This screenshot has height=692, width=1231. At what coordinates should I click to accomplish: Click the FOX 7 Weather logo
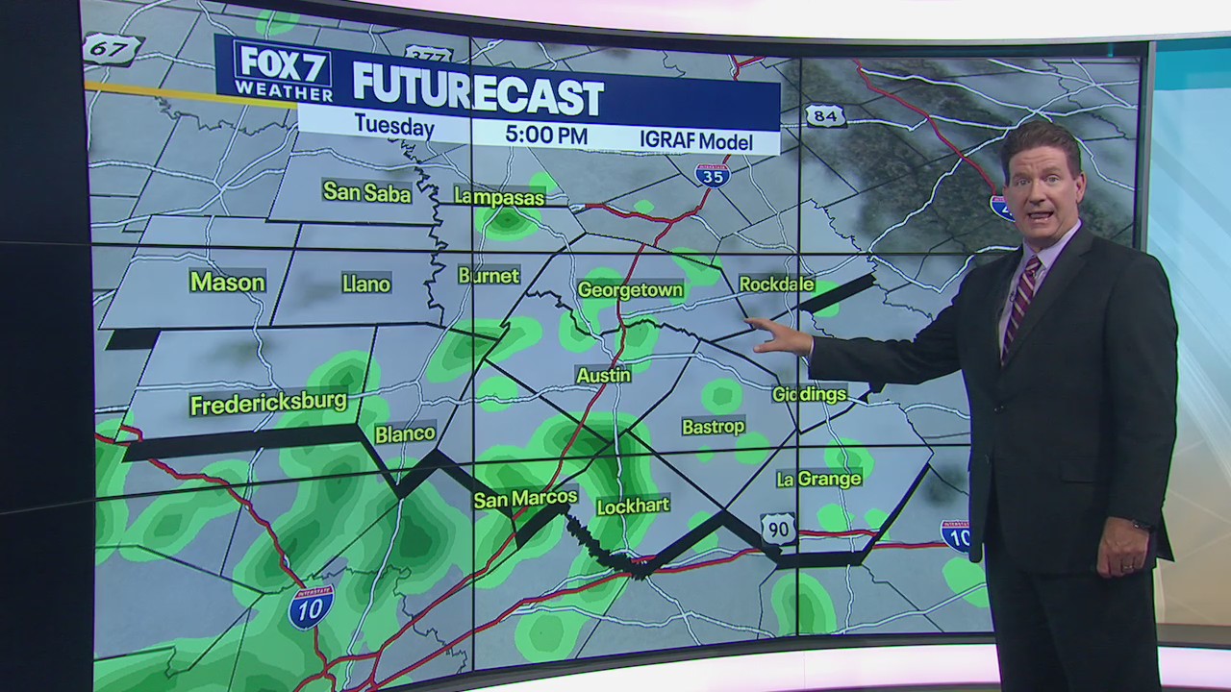283,71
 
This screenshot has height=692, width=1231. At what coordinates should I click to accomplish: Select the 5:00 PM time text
546,135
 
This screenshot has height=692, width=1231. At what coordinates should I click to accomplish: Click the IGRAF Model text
695,139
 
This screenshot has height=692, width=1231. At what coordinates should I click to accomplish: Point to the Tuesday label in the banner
394,125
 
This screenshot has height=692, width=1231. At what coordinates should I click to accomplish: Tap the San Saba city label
366,192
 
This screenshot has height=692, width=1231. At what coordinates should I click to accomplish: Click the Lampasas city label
499,198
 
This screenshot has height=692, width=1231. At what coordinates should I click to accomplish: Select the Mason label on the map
227,282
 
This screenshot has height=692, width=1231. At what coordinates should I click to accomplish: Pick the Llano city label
366,284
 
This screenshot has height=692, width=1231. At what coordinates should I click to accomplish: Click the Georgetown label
630,289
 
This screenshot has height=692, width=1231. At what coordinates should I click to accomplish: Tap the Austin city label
603,375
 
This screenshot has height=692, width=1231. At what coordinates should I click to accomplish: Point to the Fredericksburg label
268,404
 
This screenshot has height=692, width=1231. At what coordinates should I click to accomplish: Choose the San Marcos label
525,498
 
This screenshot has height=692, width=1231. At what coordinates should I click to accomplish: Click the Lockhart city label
633,506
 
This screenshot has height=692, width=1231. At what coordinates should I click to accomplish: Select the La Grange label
818,479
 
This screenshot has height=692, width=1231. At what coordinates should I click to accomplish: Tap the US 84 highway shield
825,116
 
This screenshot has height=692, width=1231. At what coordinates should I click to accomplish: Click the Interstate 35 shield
713,174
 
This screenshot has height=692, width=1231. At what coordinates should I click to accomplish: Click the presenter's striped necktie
1019,304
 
